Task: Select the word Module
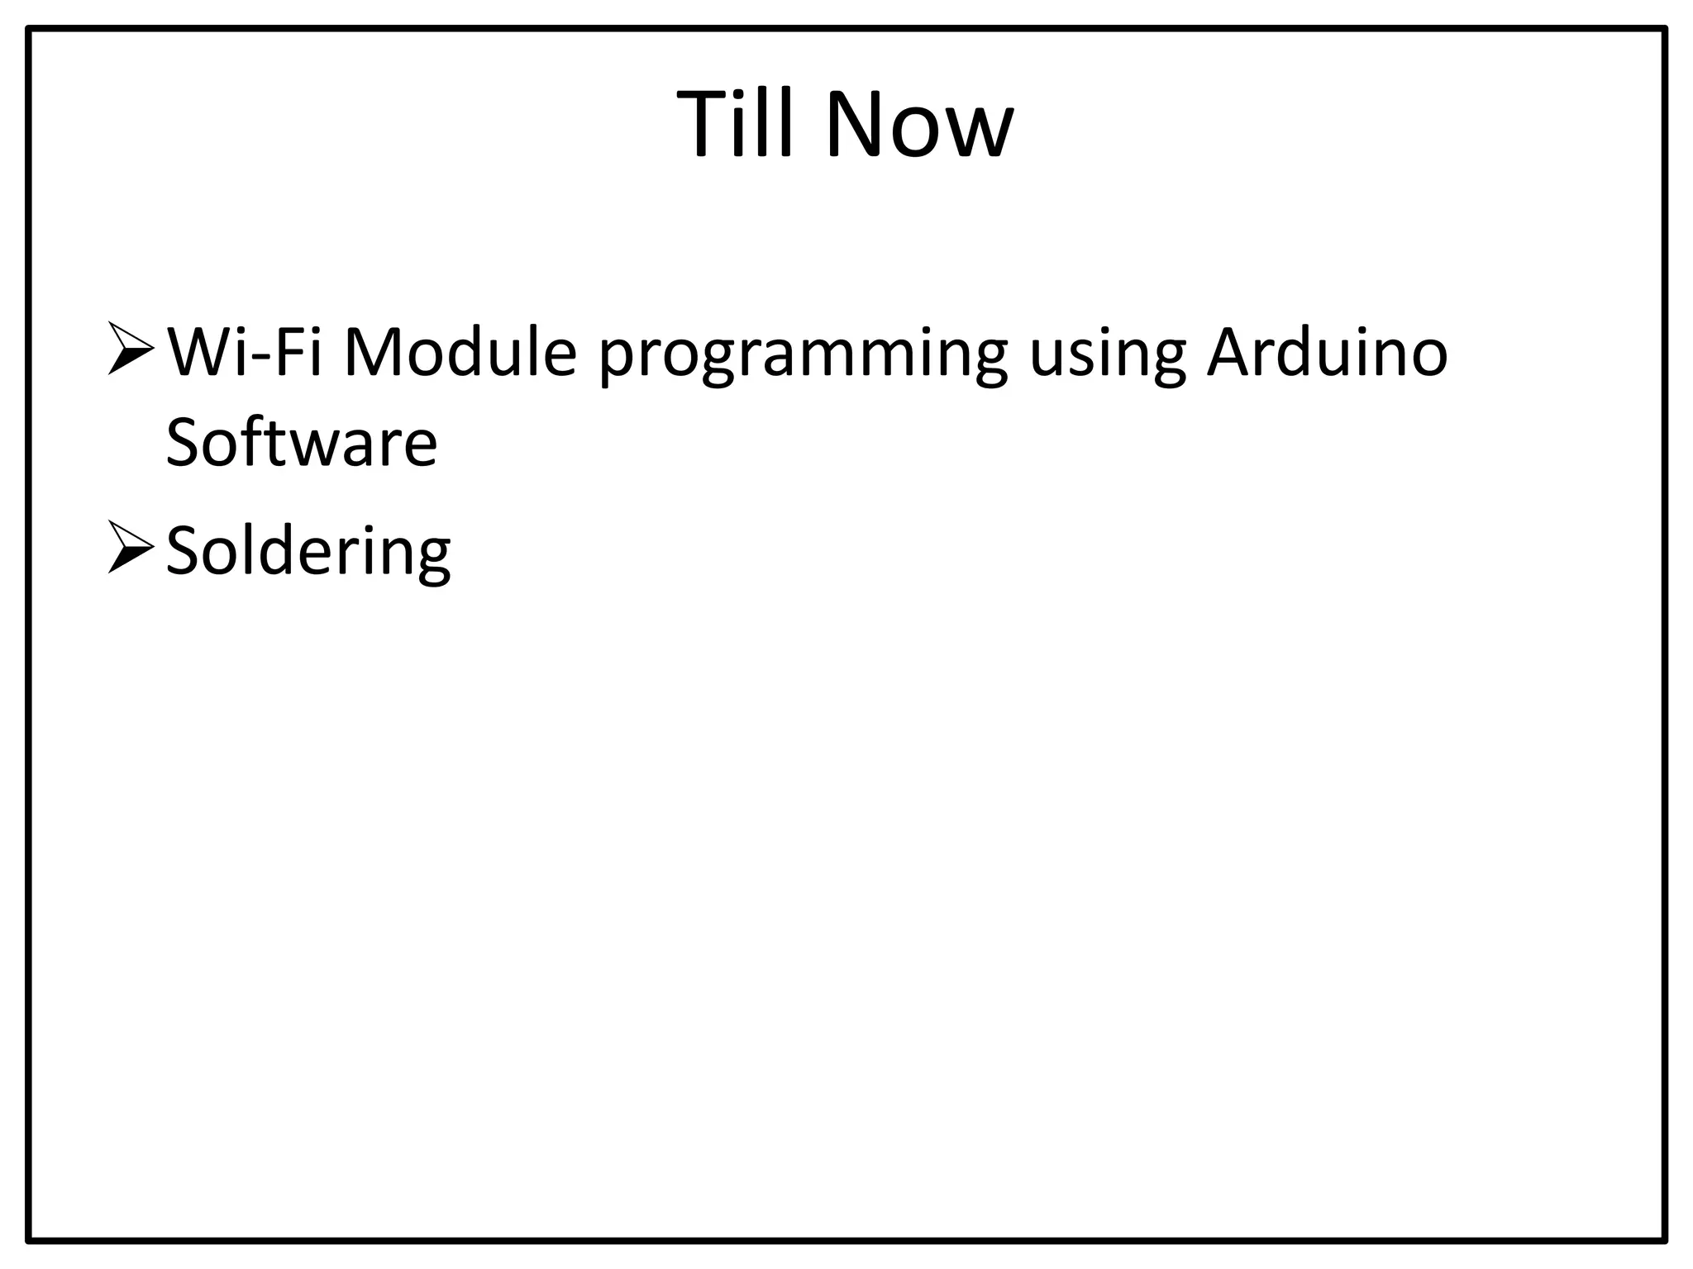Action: (459, 353)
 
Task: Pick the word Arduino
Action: (1327, 353)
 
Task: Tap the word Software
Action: (301, 443)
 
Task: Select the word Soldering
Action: (308, 552)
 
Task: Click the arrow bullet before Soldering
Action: (130, 548)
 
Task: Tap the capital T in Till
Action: (707, 124)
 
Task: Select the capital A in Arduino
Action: (1233, 353)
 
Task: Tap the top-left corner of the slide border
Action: (29, 30)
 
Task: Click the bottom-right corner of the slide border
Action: (1665, 1239)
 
